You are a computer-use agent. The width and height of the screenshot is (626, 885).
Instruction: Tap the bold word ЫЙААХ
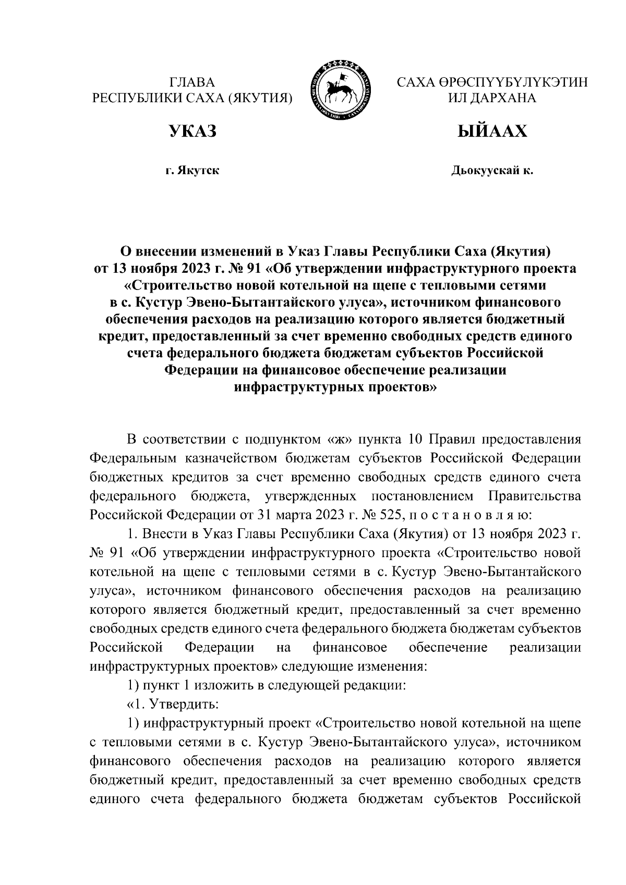492,131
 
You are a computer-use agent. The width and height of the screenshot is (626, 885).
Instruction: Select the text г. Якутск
192,171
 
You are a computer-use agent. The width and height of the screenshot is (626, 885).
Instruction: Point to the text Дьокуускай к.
492,171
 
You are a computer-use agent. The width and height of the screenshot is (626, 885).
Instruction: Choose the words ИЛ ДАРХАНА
492,98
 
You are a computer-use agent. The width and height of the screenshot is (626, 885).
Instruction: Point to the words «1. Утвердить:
173,704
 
